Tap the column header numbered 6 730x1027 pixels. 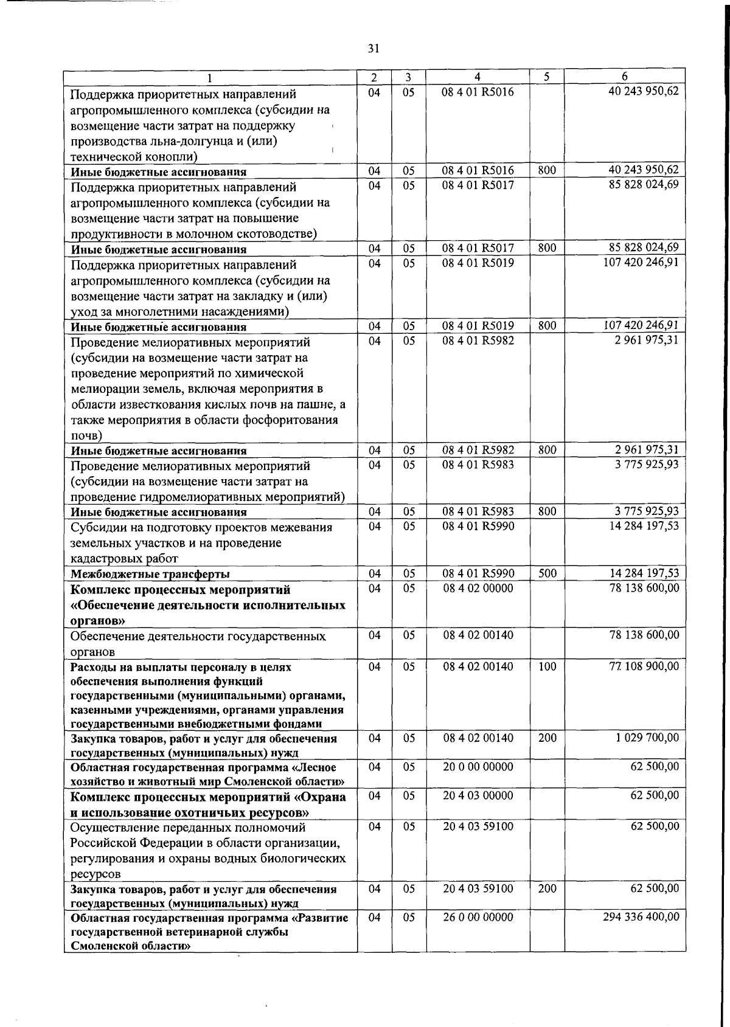pos(625,77)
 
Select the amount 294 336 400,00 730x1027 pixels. pos(641,917)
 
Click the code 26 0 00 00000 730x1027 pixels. pos(478,917)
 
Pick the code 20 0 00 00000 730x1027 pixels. pos(478,767)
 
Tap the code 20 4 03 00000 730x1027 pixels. pos(478,795)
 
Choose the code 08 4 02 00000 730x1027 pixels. pos(478,589)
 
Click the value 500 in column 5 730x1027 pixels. pos(547,573)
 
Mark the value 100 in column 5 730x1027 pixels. pos(547,666)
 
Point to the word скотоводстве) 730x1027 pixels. pos(279,234)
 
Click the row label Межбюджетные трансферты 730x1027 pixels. pos(150,574)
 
